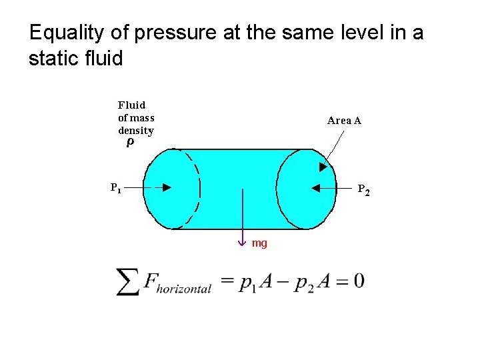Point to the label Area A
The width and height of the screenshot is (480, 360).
(x=344, y=121)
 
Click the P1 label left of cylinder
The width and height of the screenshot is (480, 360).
(x=116, y=187)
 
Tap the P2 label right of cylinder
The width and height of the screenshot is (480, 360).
(x=363, y=190)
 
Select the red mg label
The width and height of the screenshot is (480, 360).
(x=259, y=243)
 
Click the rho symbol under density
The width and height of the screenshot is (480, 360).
(x=130, y=143)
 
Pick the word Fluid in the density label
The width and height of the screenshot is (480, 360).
(x=131, y=105)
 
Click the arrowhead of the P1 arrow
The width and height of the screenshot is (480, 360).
(x=167, y=188)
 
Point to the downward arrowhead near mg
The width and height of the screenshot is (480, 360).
(x=243, y=241)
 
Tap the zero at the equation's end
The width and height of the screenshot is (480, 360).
(x=359, y=281)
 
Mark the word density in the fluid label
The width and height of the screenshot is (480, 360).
(x=135, y=131)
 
